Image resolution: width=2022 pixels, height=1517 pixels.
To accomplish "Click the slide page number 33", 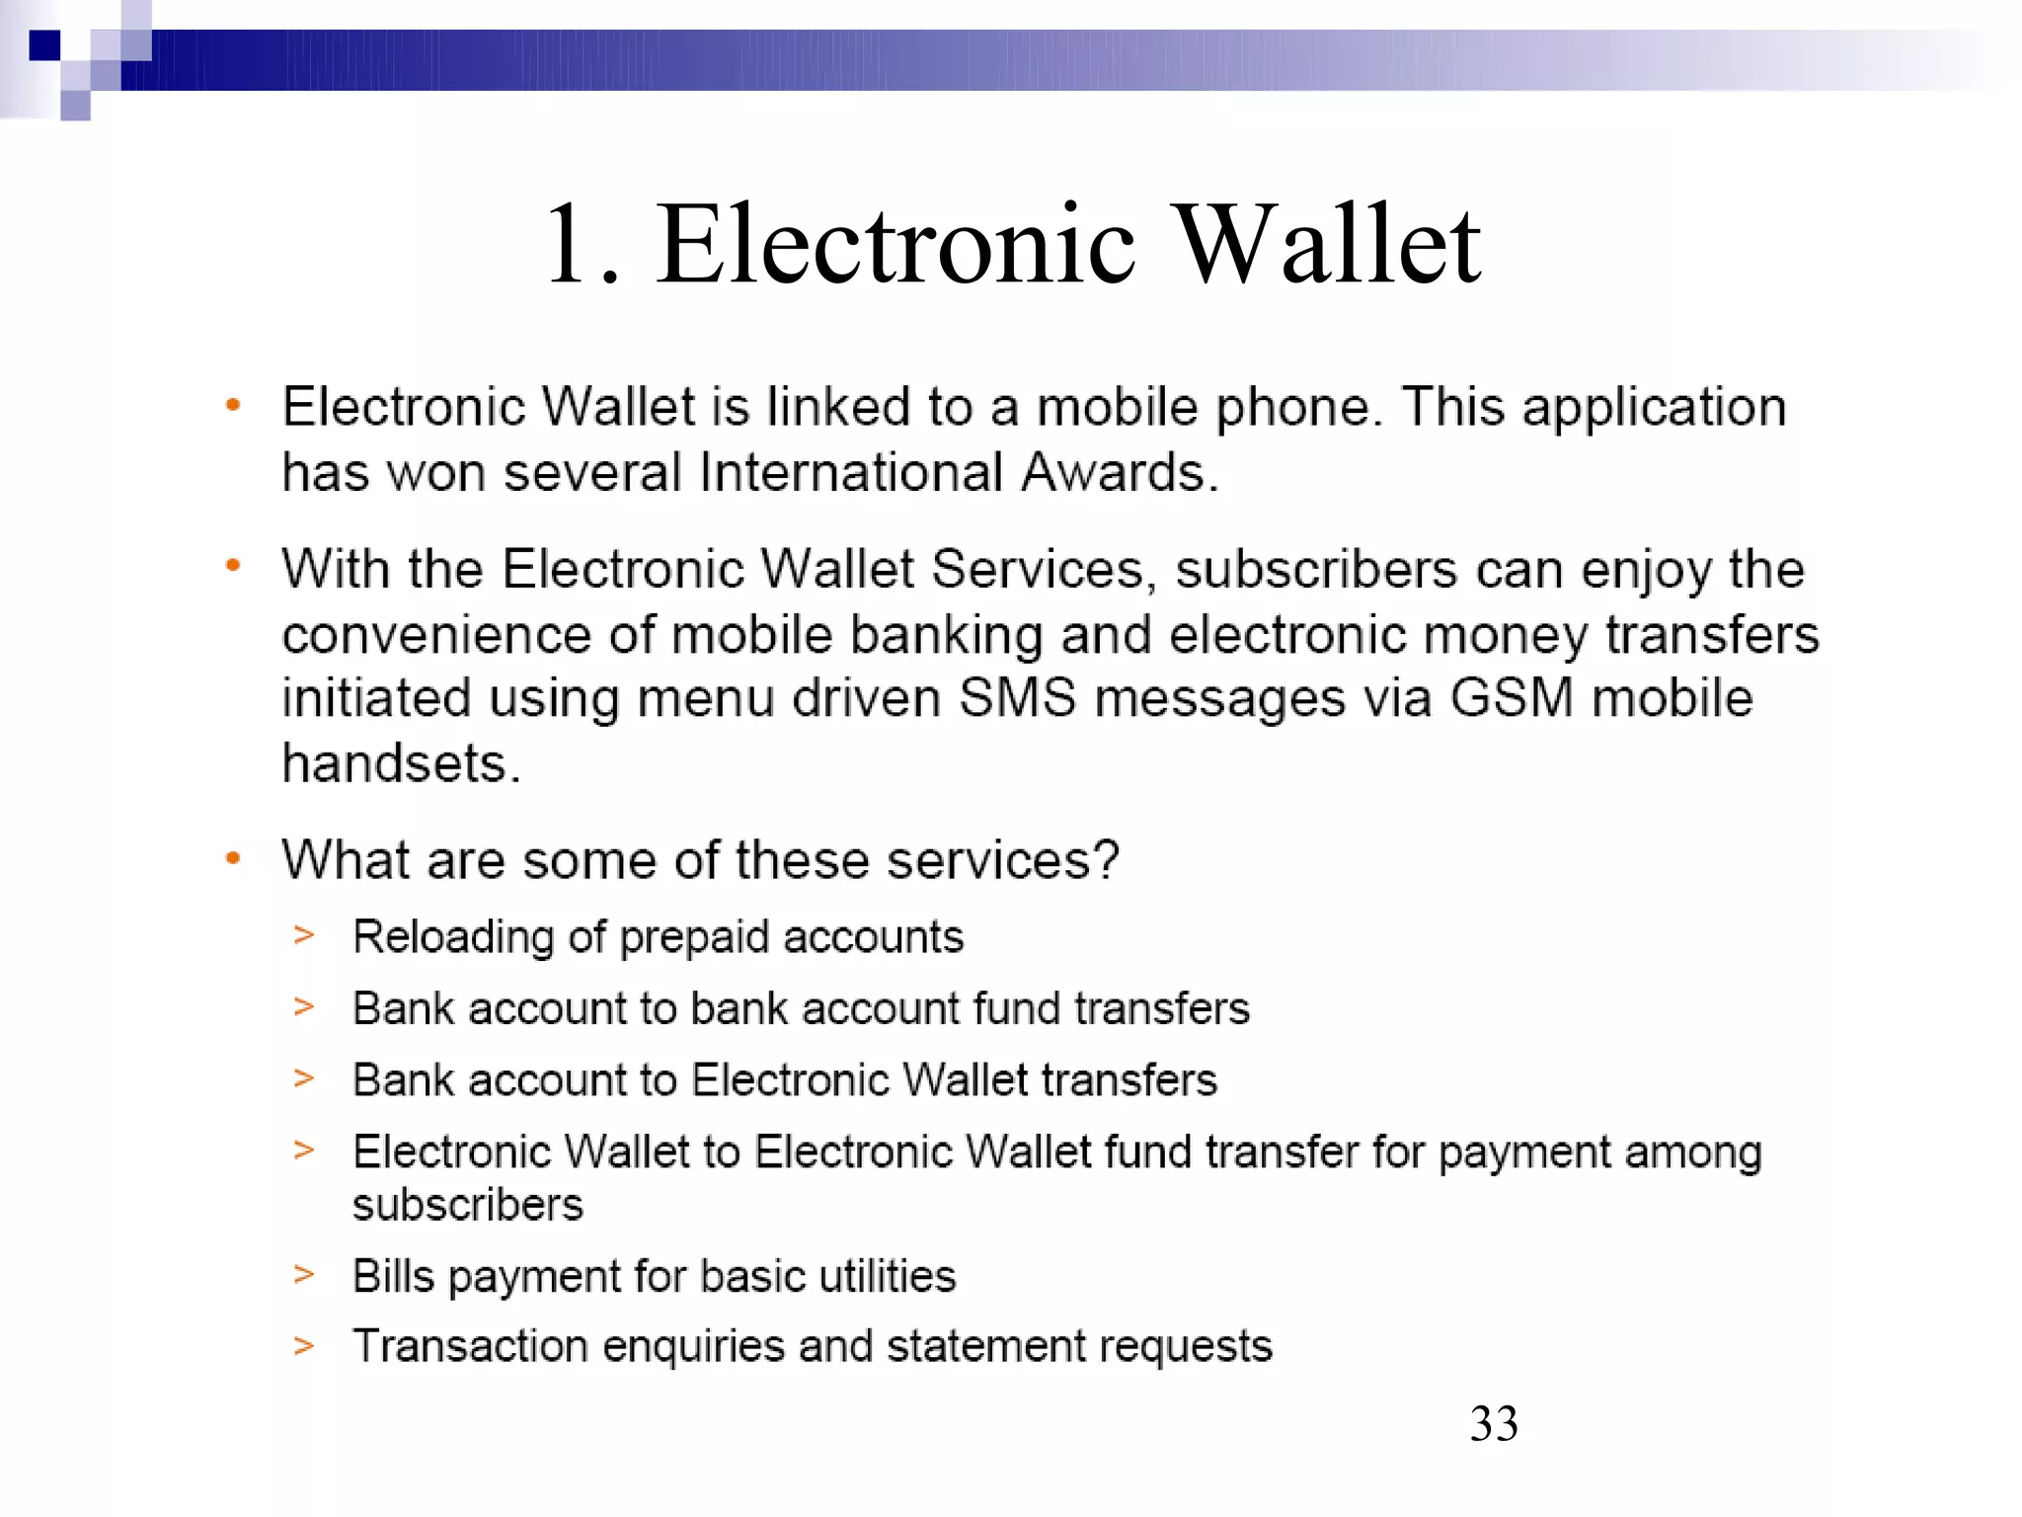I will [1493, 1424].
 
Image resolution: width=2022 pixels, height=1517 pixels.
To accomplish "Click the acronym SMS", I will [1017, 698].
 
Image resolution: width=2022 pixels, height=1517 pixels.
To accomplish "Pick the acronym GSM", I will [1511, 698].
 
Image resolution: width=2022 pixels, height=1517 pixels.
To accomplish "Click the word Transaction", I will [470, 1346].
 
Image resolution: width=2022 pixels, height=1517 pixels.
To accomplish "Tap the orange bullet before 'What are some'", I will [233, 858].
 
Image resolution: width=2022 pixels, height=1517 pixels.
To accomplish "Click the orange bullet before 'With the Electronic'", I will [233, 567].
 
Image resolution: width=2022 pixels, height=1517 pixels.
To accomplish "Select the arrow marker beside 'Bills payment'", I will [304, 1274].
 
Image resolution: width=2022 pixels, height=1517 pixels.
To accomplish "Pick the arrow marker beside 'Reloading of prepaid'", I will [304, 934].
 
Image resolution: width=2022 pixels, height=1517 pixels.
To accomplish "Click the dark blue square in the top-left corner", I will [44, 45].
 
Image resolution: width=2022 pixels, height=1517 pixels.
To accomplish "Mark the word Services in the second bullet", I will [1036, 570].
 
